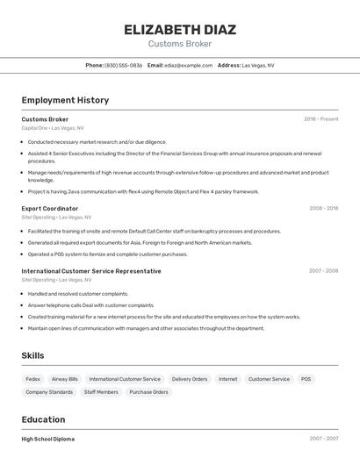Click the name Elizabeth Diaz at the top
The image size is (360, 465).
click(x=180, y=29)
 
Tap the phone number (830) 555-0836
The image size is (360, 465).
click(x=123, y=65)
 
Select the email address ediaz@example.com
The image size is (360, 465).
click(x=189, y=65)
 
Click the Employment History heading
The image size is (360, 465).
click(x=65, y=100)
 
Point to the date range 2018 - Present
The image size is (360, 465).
click(x=320, y=119)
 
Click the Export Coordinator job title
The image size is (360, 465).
click(x=50, y=208)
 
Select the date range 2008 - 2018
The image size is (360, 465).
click(x=323, y=208)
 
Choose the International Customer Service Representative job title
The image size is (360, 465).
click(x=91, y=271)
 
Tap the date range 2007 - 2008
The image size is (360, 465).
click(x=323, y=271)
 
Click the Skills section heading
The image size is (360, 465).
click(x=33, y=355)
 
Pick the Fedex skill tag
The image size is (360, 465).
click(x=33, y=379)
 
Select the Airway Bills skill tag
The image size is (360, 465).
click(x=65, y=379)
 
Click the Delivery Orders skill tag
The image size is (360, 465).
click(x=190, y=379)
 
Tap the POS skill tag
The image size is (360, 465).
click(x=306, y=379)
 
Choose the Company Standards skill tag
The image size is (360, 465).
click(x=49, y=392)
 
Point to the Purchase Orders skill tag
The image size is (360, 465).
click(x=148, y=392)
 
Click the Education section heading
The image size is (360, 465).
click(x=43, y=419)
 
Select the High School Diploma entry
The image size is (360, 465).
click(x=48, y=439)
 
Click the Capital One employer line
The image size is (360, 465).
click(x=53, y=128)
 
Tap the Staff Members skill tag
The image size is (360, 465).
click(x=101, y=392)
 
